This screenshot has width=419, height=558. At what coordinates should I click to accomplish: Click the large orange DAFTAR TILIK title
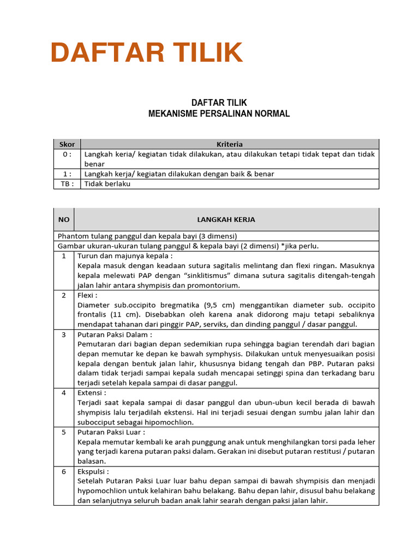[x=146, y=53]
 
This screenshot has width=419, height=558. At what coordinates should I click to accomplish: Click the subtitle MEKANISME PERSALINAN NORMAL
[x=219, y=114]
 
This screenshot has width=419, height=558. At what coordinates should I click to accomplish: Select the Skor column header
[x=67, y=144]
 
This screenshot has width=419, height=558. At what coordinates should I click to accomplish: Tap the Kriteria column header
[x=230, y=144]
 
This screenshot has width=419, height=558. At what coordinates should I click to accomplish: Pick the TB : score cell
[x=67, y=184]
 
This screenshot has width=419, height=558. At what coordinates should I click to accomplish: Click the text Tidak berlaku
[x=107, y=184]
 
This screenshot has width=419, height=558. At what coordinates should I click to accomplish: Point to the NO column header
[x=64, y=220]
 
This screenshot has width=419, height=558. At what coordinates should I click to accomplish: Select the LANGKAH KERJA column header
[x=226, y=220]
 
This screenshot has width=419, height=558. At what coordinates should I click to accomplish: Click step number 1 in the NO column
[x=64, y=256]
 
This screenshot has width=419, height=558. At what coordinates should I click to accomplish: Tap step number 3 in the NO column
[x=64, y=335]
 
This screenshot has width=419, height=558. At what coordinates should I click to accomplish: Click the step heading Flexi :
[x=90, y=295]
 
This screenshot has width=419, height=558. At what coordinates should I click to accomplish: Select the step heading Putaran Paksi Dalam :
[x=115, y=335]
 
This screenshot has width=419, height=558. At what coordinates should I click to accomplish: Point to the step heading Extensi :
[x=93, y=393]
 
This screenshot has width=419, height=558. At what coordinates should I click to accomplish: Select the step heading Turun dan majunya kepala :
[x=125, y=256]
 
